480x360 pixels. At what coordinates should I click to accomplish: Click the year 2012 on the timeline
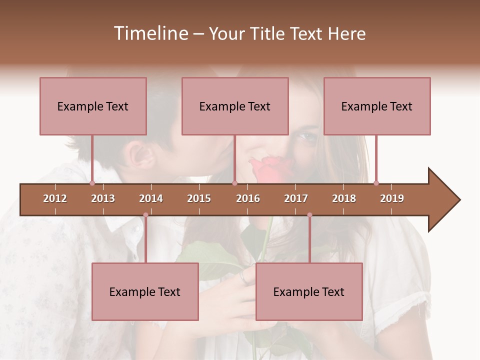(55, 198)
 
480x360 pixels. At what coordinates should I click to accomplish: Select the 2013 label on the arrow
(103, 198)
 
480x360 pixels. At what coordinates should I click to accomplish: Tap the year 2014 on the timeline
(151, 198)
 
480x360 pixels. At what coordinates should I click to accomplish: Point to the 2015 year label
(199, 198)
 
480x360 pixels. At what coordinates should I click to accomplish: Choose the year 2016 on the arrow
(248, 198)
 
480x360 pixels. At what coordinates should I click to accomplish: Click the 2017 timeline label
(296, 198)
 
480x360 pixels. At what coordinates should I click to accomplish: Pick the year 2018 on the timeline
(344, 198)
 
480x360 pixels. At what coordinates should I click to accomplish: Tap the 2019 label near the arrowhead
(392, 198)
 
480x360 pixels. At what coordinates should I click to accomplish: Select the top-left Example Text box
(93, 106)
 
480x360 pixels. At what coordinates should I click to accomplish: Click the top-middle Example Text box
(235, 106)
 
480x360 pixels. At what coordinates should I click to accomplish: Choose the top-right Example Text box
(377, 106)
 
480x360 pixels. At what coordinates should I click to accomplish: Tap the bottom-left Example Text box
(145, 291)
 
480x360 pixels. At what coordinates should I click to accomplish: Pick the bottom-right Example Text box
(309, 291)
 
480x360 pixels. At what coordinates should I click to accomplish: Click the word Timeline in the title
(150, 33)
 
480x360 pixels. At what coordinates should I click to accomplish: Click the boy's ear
(140, 156)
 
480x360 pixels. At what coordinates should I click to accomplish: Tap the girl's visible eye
(310, 136)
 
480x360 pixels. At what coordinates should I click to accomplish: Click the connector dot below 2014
(145, 215)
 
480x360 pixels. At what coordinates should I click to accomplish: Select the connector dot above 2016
(234, 183)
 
